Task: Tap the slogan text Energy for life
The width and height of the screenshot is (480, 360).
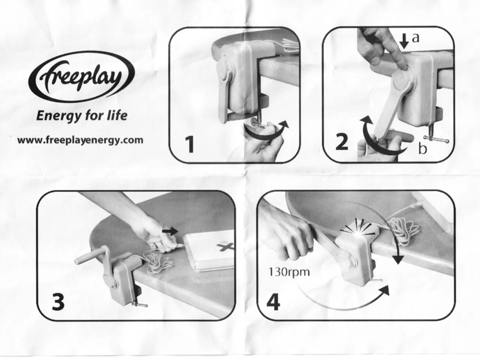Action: (82, 115)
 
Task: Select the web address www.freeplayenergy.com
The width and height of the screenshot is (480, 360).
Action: (80, 140)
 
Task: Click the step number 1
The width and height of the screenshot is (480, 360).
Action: (190, 144)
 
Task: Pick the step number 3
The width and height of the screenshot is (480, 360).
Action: (58, 302)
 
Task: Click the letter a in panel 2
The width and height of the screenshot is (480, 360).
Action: (416, 38)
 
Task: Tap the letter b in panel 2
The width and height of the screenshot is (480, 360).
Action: (422, 148)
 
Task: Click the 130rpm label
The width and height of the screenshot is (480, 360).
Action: (289, 272)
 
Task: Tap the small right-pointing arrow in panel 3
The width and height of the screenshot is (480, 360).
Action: (170, 231)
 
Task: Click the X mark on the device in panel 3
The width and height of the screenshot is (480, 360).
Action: (225, 246)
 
